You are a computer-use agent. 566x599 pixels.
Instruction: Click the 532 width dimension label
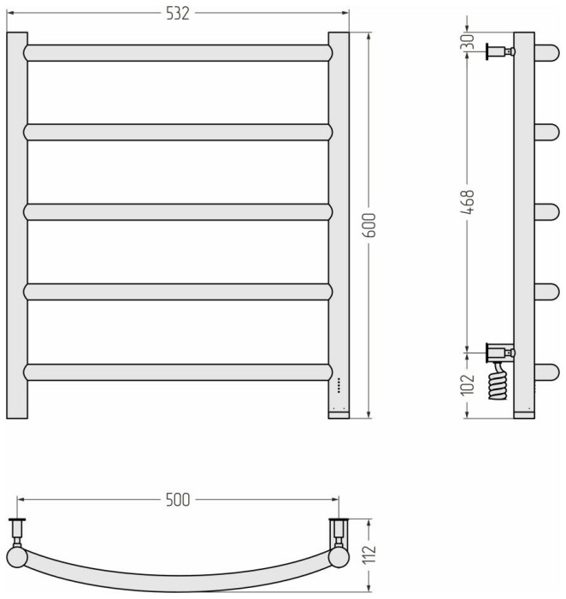178,13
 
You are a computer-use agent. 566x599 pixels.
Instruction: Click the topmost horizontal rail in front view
178,52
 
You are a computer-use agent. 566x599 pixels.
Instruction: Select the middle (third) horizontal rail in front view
178,211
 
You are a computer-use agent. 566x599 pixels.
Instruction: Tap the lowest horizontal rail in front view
178,372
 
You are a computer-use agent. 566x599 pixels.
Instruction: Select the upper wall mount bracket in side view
498,51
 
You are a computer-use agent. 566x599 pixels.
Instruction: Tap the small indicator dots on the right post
338,385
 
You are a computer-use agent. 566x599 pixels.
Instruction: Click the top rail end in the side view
546,51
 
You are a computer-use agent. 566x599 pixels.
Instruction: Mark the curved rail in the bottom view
178,578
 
